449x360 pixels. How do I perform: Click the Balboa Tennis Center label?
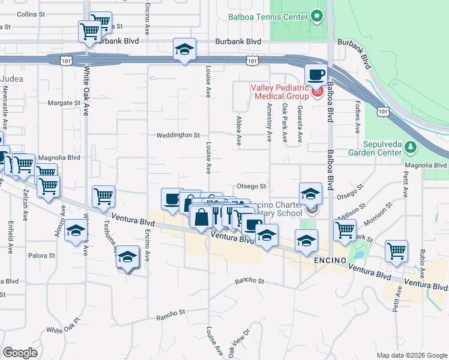pyautogui.click(x=268, y=17)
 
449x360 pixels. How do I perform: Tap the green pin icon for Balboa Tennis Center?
pyautogui.click(x=316, y=17)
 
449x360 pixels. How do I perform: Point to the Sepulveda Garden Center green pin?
pyautogui.click(x=411, y=148)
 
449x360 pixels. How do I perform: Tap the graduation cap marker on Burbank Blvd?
pyautogui.click(x=184, y=49)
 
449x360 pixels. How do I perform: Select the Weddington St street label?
pyautogui.click(x=178, y=136)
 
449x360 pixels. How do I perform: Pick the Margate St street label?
pyautogui.click(x=64, y=103)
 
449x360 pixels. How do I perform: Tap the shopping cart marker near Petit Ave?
pyautogui.click(x=397, y=251)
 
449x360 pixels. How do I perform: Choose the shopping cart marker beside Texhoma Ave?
pyautogui.click(x=104, y=196)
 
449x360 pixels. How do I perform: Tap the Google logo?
pyautogui.click(x=20, y=353)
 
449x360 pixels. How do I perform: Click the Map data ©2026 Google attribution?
pyautogui.click(x=411, y=355)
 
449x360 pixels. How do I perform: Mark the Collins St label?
pyautogui.click(x=31, y=14)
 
